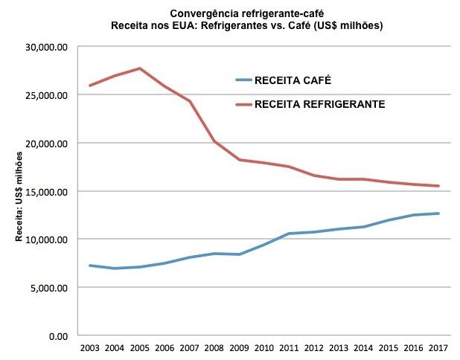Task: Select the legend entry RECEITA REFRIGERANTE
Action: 319,105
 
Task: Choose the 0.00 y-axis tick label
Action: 58,335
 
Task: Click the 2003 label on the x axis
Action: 89,348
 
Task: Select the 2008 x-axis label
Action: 214,348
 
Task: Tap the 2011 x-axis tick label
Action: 289,348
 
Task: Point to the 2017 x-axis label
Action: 438,348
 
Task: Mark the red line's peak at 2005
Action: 139,68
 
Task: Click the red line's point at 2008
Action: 214,141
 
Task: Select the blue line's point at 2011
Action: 289,234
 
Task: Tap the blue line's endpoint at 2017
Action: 438,213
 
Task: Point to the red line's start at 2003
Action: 89,86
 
